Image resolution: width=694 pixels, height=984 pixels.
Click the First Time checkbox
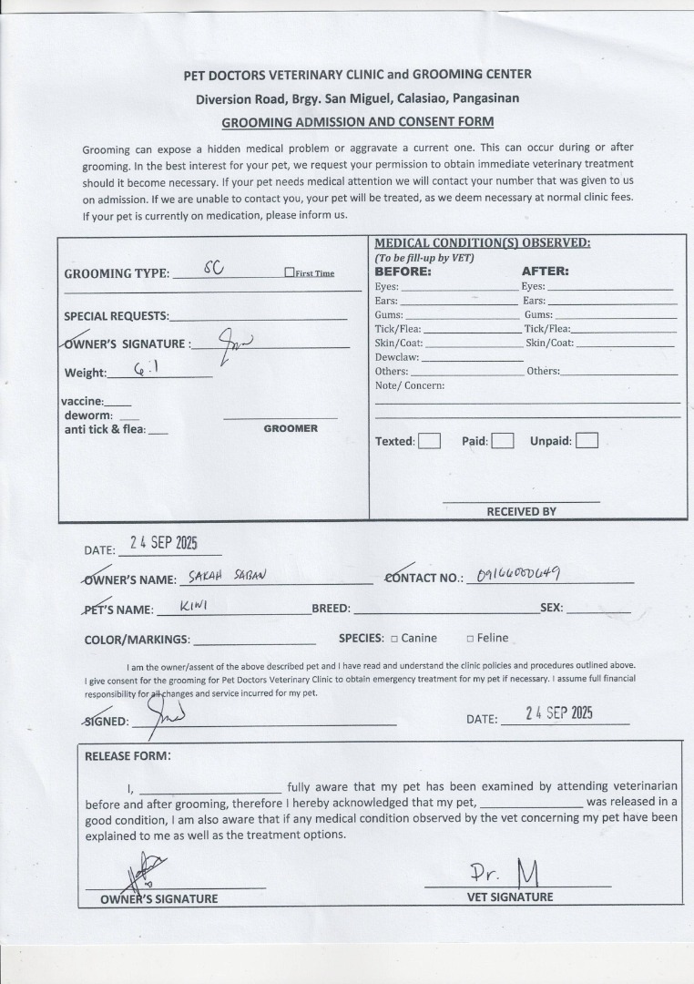(290, 272)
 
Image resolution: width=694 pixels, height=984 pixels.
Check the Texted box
(429, 441)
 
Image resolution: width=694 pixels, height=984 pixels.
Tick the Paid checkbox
(503, 441)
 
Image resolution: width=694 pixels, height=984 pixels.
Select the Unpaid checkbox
(587, 441)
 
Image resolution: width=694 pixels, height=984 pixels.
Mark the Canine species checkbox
(394, 639)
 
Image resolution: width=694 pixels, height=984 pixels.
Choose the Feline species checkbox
(470, 639)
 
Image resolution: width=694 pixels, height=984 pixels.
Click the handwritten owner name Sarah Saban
(227, 576)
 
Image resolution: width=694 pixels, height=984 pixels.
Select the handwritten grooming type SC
(212, 268)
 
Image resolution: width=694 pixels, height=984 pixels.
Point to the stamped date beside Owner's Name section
(163, 543)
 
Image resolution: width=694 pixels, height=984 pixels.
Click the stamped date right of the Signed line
(559, 713)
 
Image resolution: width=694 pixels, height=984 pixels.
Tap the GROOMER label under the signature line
(291, 428)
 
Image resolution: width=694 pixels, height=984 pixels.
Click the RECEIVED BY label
(521, 511)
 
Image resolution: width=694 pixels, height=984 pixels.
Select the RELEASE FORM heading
(128, 755)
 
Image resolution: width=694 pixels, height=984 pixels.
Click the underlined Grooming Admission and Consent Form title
(358, 121)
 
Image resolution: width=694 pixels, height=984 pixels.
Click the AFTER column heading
(545, 272)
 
